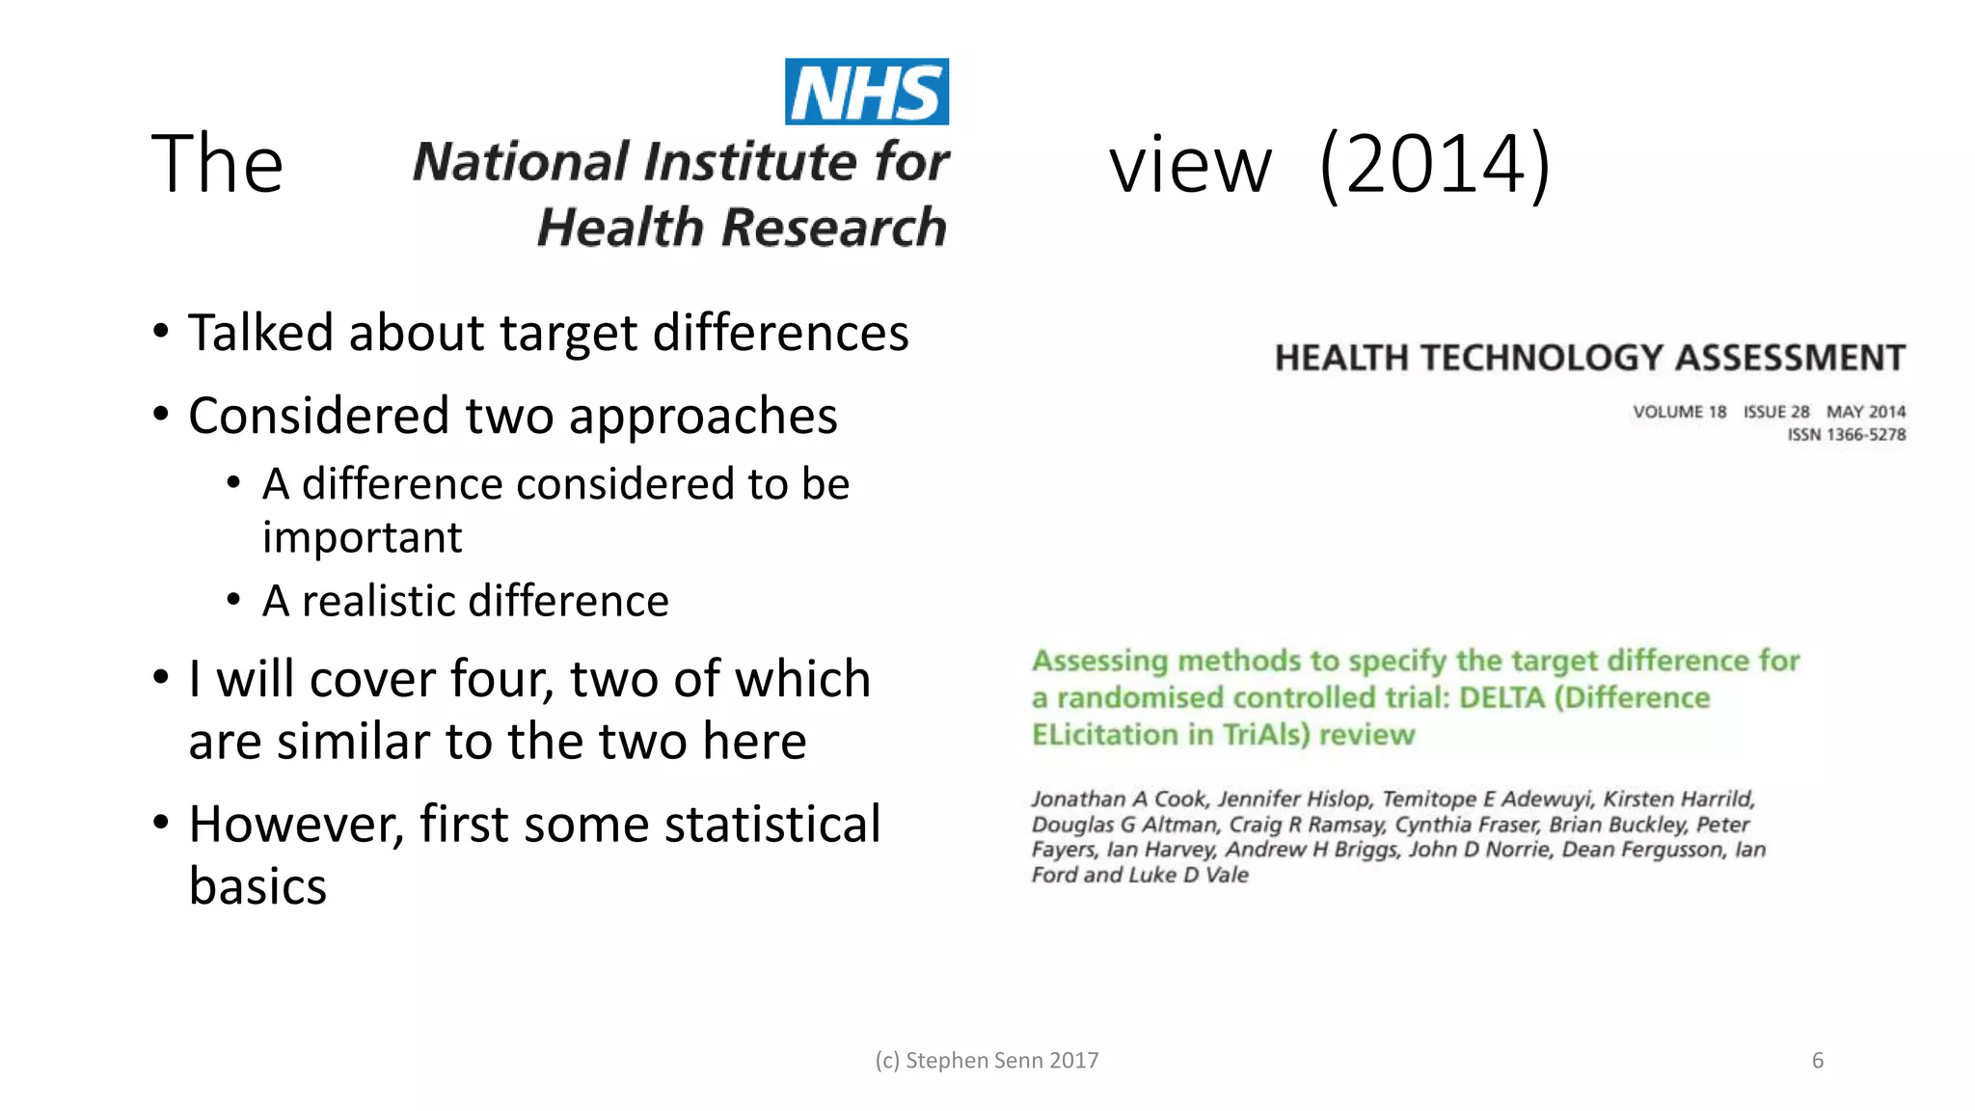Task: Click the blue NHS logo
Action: [866, 92]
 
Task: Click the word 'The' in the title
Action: [217, 164]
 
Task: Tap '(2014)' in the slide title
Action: [1434, 164]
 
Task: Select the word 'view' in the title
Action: [1190, 166]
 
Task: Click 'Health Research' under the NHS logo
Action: [742, 228]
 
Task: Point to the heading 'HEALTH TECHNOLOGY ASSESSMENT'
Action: [1589, 358]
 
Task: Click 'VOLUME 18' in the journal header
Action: [1679, 412]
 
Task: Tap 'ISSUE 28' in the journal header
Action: [1775, 412]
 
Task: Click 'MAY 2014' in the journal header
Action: [1866, 412]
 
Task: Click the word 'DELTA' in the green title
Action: [1502, 697]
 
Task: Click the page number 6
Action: [1817, 1061]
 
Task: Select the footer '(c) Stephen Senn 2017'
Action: [987, 1061]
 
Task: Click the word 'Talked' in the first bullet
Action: [261, 333]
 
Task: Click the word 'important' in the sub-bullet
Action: [362, 537]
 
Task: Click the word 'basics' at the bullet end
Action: [257, 886]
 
